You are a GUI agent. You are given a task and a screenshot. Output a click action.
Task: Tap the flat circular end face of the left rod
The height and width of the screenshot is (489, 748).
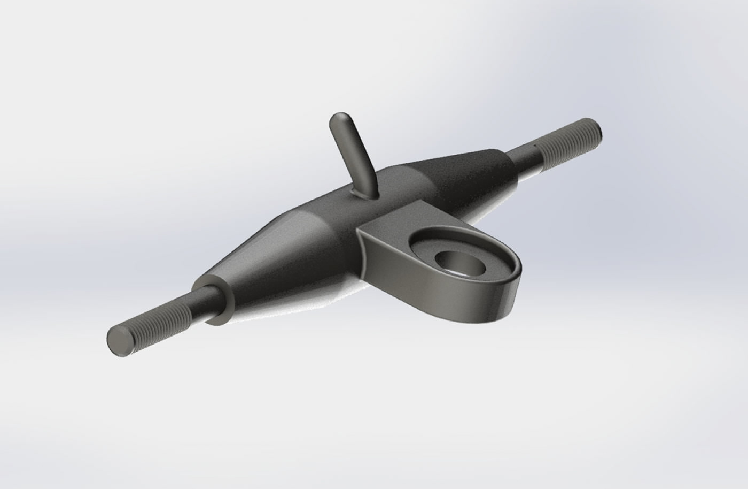[119, 341]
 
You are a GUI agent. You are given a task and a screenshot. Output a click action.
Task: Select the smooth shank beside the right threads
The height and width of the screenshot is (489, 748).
[526, 158]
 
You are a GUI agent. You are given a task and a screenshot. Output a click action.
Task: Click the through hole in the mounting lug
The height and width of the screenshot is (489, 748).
[458, 262]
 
